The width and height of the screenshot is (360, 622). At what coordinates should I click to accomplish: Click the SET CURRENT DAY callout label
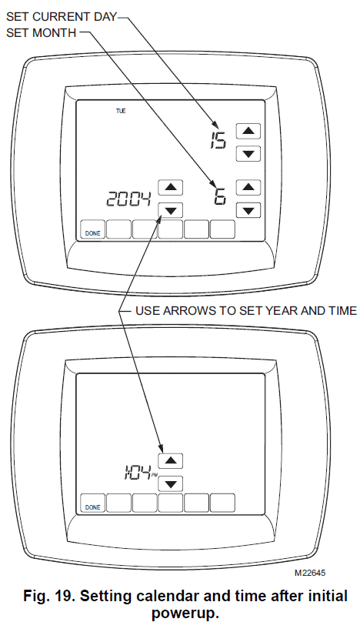pos(62,17)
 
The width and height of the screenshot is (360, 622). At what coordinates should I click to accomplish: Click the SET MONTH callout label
pos(42,32)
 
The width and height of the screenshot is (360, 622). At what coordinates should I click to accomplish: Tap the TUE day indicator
pos(121,111)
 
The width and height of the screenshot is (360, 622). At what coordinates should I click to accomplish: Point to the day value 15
pos(218,140)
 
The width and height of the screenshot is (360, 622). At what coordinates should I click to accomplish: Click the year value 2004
pos(128,199)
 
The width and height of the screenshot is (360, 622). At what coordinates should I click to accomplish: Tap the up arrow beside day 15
pos(248,131)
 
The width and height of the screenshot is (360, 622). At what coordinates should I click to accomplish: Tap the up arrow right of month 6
pos(248,187)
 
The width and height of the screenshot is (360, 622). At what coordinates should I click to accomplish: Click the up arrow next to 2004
pos(171,187)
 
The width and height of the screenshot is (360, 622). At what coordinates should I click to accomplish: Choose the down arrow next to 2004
pos(171,210)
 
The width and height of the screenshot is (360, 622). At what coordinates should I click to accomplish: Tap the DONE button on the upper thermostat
pos(93,229)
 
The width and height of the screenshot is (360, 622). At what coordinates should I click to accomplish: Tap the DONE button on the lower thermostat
pos(93,503)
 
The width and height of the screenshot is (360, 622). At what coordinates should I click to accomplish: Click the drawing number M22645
pos(310,573)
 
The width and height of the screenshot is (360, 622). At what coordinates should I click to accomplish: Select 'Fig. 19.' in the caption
pos(49,596)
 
